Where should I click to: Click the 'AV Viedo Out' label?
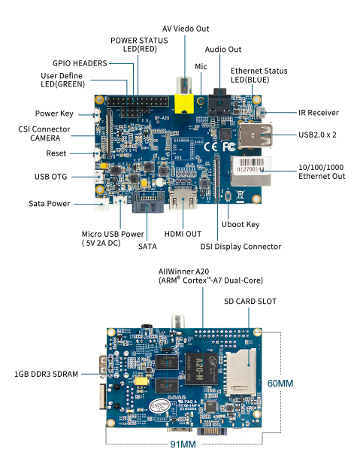pos(186,28)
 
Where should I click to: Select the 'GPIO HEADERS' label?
pos(80,63)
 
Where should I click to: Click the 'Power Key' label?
pos(54,114)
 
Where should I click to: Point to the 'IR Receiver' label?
pos(318,113)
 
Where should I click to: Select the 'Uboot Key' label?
pos(241,224)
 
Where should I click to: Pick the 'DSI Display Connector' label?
pos(241,246)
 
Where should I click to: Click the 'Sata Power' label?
pos(50,203)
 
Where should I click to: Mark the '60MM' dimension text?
pos(280,384)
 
